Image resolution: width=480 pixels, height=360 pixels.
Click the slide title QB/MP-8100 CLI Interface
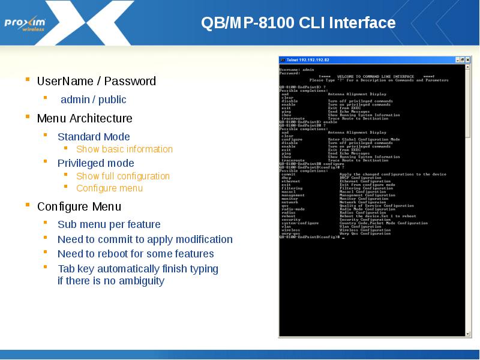pyautogui.click(x=298, y=23)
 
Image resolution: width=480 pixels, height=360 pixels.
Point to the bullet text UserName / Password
pyautogui.click(x=96, y=81)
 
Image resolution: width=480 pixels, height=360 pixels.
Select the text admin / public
pyautogui.click(x=94, y=100)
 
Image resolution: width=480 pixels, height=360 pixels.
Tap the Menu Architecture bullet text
pyautogui.click(x=85, y=118)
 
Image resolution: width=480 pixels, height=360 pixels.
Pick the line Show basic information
pyautogui.click(x=124, y=149)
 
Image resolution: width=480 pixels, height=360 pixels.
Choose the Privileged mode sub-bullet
pyautogui.click(x=95, y=163)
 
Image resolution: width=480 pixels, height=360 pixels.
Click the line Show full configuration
pyautogui.click(x=123, y=176)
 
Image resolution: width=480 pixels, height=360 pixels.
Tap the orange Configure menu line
pyautogui.click(x=109, y=188)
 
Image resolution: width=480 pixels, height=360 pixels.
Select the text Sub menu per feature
pyautogui.click(x=109, y=224)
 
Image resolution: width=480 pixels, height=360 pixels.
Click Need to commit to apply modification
pyautogui.click(x=145, y=239)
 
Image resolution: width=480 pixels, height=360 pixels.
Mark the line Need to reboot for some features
pyautogui.click(x=136, y=254)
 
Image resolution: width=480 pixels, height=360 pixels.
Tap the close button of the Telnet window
pyautogui.click(x=466, y=60)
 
